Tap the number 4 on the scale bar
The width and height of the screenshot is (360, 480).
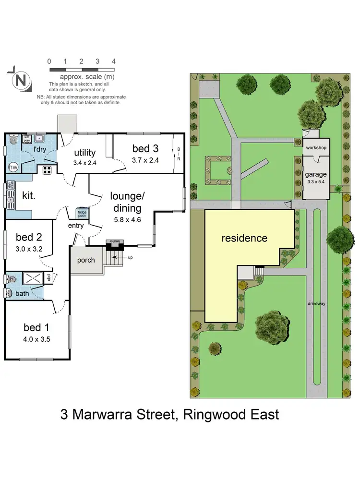pyautogui.click(x=113, y=61)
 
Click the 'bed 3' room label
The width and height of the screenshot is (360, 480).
pyautogui.click(x=145, y=148)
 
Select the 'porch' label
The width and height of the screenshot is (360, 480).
pyautogui.click(x=86, y=260)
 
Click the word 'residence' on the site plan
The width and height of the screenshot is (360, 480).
pyautogui.click(x=244, y=238)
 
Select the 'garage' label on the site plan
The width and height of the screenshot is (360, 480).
pyautogui.click(x=315, y=174)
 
